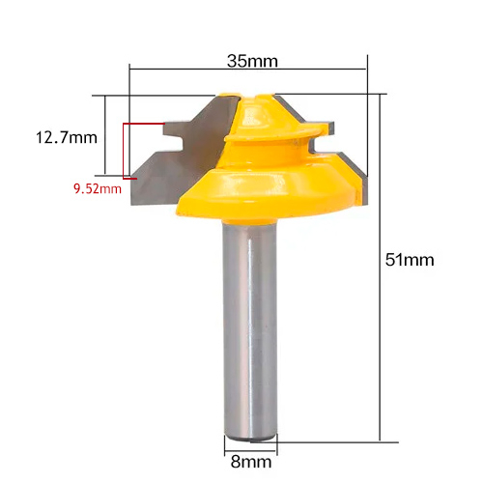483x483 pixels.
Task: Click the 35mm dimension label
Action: point(252,61)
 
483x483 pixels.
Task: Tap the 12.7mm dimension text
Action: point(67,137)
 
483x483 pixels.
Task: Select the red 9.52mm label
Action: point(98,188)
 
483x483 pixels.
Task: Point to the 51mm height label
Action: point(410,260)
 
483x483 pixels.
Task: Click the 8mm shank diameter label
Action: point(251,462)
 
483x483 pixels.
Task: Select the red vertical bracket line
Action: point(124,151)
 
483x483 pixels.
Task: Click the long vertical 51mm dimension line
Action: point(380,268)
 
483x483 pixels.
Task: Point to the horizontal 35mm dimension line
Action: point(248,69)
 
